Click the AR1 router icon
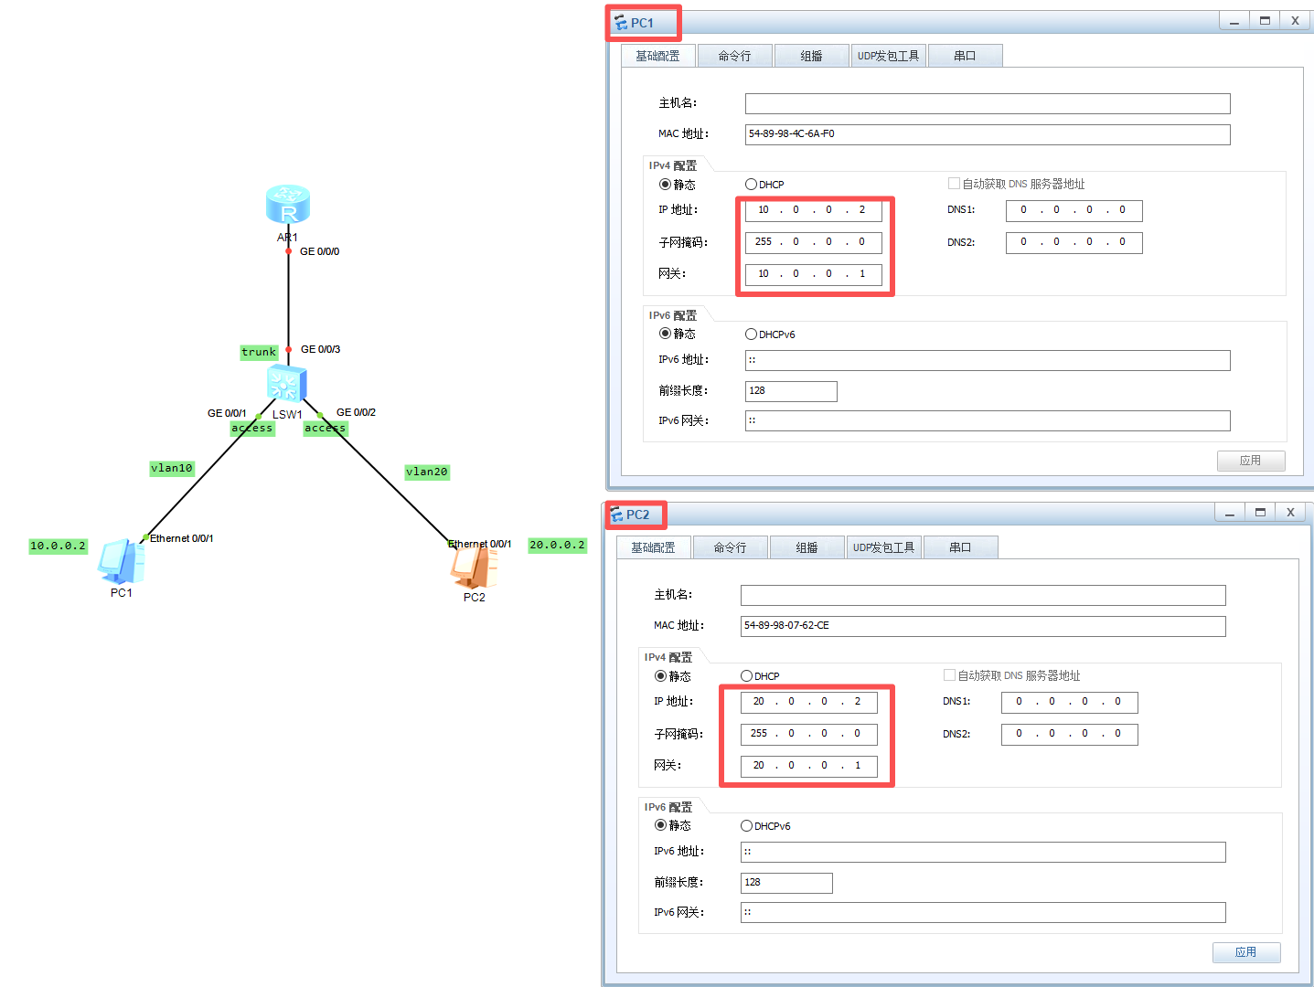[x=288, y=205]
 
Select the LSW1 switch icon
[x=286, y=384]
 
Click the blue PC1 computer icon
[x=121, y=561]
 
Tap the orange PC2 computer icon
[x=474, y=567]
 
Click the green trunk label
[x=259, y=353]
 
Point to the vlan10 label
[x=172, y=469]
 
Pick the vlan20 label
[x=427, y=472]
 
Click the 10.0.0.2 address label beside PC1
[x=58, y=547]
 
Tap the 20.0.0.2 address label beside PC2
[x=557, y=546]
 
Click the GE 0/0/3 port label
[x=320, y=349]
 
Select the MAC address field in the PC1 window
[x=987, y=134]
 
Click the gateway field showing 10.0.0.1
[x=813, y=274]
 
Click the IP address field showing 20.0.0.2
[x=808, y=702]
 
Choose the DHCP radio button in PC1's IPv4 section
[x=752, y=185]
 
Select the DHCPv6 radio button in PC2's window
[x=747, y=826]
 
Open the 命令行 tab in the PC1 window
[x=734, y=57]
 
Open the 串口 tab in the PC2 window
[x=960, y=548]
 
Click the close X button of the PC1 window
[x=1295, y=21]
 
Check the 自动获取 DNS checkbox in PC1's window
[x=954, y=184]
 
